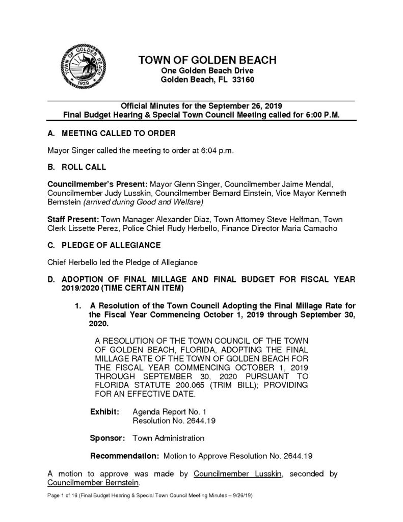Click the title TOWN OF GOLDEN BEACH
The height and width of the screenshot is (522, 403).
click(x=207, y=60)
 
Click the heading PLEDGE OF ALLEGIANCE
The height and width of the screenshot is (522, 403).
click(x=111, y=245)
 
